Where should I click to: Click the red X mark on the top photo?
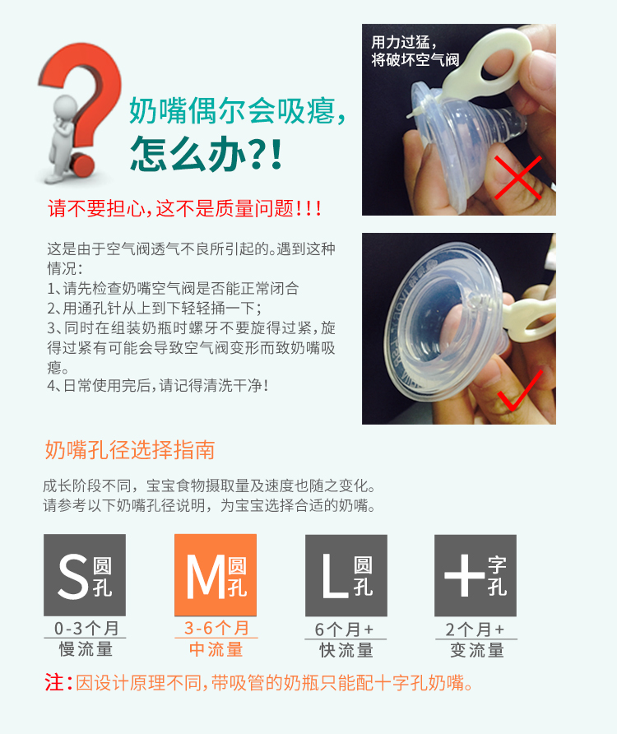(517, 178)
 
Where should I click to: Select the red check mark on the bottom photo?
(520, 392)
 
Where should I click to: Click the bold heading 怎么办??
(206, 153)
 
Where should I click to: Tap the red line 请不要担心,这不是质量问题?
(184, 208)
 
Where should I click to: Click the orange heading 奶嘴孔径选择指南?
(130, 450)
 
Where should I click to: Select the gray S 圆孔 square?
(85, 575)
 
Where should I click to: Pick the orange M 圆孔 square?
(216, 575)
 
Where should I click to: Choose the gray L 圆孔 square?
(346, 575)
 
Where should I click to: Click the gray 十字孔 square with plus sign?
(476, 575)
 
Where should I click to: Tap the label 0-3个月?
(86, 628)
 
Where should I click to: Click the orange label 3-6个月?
(216, 628)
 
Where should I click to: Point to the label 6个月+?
(344, 629)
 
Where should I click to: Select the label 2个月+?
(475, 629)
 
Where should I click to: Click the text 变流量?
(477, 650)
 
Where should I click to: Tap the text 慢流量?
(86, 649)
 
